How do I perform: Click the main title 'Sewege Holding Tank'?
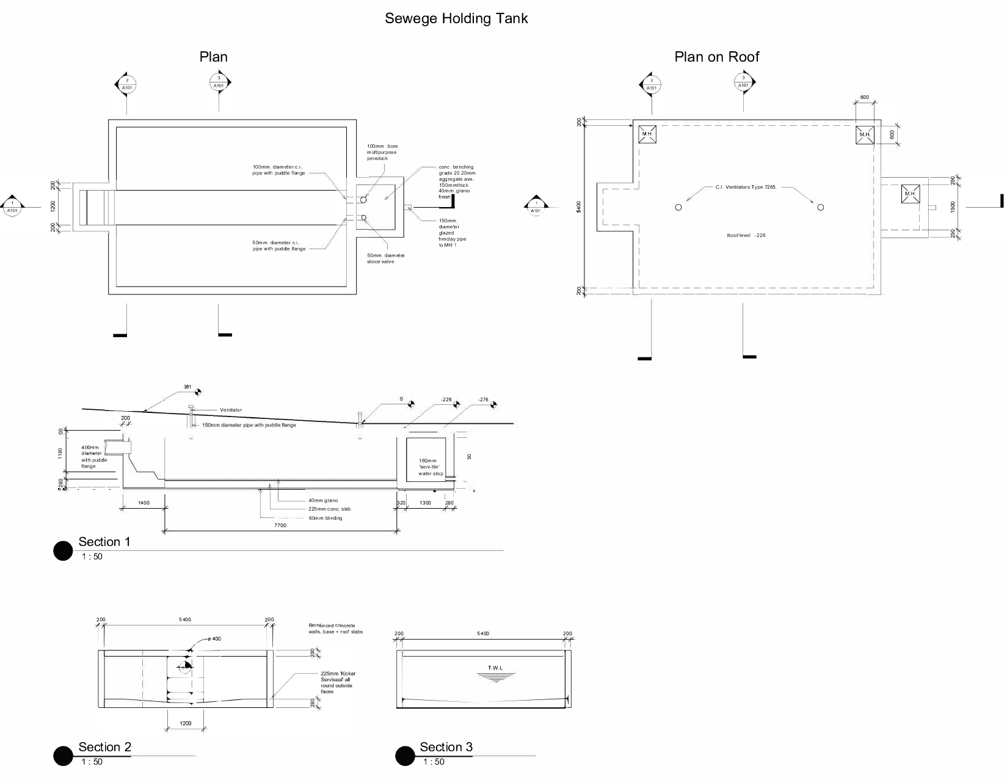click(x=456, y=18)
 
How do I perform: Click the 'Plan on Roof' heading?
click(x=716, y=57)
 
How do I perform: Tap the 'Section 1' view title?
click(x=104, y=542)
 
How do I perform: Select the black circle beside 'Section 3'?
click(x=405, y=756)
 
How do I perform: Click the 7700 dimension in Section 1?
click(x=280, y=525)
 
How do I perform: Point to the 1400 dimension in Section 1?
click(x=144, y=503)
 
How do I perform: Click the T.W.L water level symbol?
click(x=496, y=673)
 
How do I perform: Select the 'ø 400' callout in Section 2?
click(x=214, y=639)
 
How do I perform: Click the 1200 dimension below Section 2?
click(x=186, y=723)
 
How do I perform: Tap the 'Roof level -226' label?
click(x=746, y=235)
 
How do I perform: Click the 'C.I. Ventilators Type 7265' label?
click(x=745, y=187)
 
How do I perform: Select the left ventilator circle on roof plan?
click(x=678, y=208)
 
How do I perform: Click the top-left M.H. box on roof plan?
click(x=647, y=134)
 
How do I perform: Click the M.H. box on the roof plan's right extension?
click(x=910, y=194)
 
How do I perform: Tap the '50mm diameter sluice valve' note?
click(x=385, y=258)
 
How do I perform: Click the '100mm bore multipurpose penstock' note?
click(x=382, y=152)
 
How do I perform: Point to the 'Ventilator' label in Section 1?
click(x=230, y=410)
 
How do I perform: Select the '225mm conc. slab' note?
click(x=329, y=509)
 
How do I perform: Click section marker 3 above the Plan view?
click(x=219, y=81)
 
